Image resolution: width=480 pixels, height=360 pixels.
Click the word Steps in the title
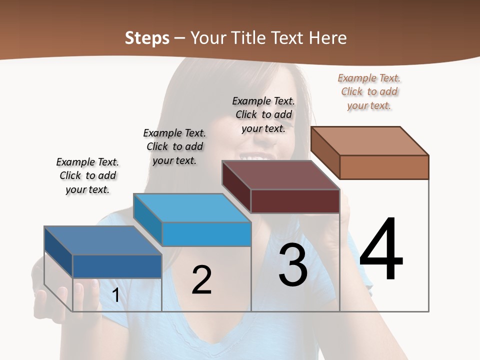pyautogui.click(x=147, y=38)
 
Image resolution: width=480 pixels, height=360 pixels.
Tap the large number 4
pyautogui.click(x=381, y=250)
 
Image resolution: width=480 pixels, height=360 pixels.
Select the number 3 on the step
pyautogui.click(x=293, y=265)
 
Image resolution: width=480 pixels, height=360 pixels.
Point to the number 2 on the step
pyautogui.click(x=201, y=280)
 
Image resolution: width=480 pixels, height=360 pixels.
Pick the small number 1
pyautogui.click(x=115, y=295)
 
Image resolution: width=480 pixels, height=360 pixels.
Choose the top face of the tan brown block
pyautogui.click(x=370, y=141)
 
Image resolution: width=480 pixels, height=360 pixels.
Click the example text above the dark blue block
pyautogui.click(x=87, y=175)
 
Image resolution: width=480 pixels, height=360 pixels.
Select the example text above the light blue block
pyautogui.click(x=174, y=146)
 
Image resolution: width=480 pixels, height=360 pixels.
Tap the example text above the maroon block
pyautogui.click(x=263, y=114)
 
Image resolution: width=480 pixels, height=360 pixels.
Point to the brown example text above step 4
pyautogui.click(x=369, y=91)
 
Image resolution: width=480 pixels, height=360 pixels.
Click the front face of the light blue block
pyautogui.click(x=206, y=234)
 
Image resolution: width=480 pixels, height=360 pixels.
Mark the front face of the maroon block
pyautogui.click(x=295, y=201)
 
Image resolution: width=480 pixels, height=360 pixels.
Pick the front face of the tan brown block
pyautogui.click(x=384, y=167)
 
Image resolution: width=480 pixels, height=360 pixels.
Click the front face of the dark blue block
pyautogui.click(x=117, y=266)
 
